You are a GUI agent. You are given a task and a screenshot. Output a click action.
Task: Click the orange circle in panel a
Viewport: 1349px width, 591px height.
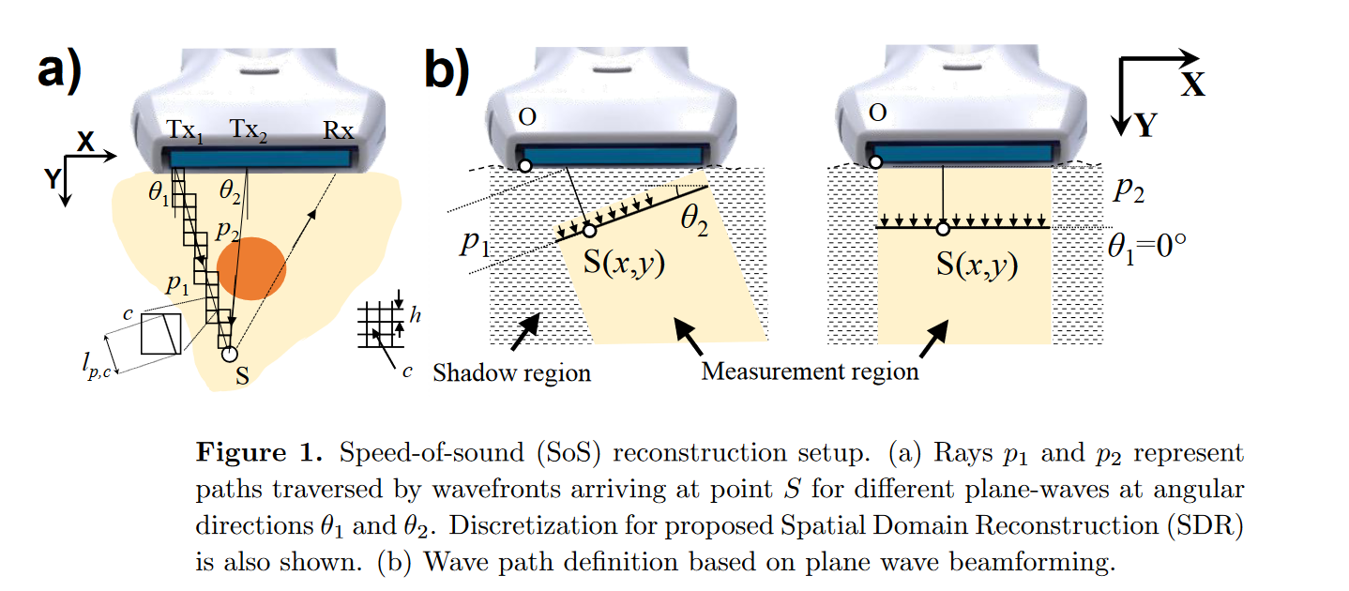tap(250, 268)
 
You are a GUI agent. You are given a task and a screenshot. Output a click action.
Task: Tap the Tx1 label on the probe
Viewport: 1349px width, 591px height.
tap(185, 131)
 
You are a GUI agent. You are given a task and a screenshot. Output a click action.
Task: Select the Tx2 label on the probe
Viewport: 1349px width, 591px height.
tap(249, 131)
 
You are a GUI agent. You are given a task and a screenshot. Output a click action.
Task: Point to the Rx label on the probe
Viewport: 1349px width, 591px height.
tap(339, 131)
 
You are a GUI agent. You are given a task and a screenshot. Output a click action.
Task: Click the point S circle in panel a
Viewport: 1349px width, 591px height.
tap(228, 355)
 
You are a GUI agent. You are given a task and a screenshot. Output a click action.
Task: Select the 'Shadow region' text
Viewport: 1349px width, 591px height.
tap(511, 373)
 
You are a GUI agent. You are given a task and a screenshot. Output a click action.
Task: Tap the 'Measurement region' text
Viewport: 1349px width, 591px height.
tap(810, 371)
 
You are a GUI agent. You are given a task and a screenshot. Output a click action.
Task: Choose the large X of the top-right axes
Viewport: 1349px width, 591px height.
tap(1192, 85)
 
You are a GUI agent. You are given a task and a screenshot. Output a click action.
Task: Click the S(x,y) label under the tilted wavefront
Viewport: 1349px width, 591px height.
tap(625, 264)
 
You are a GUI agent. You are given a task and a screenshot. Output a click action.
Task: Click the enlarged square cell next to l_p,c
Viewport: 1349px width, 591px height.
tap(161, 334)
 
